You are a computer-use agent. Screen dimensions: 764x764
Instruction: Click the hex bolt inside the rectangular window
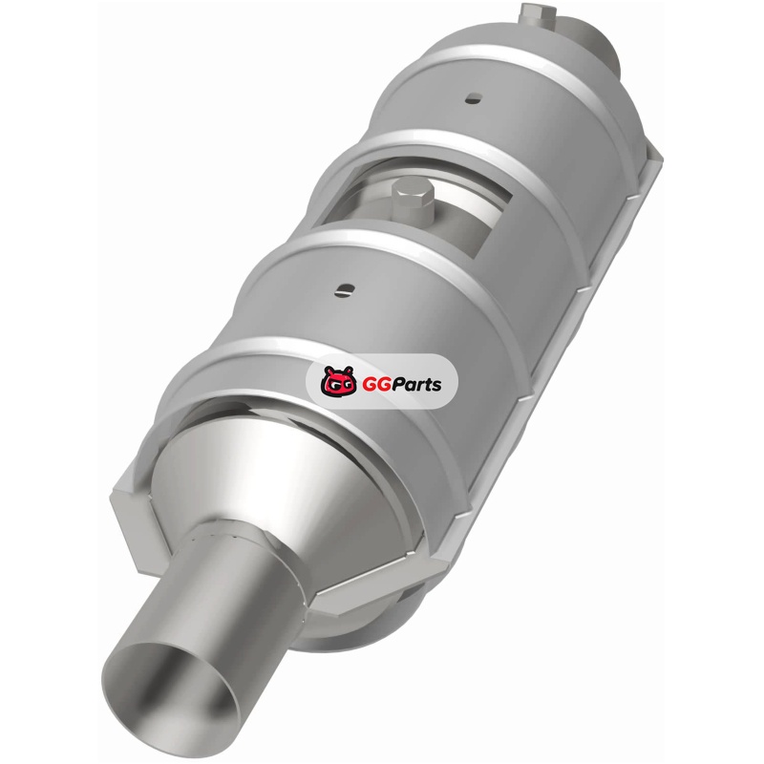coord(413,201)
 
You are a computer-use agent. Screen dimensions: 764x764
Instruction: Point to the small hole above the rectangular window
coord(473,98)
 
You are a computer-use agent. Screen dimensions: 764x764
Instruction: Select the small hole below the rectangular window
coord(346,290)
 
